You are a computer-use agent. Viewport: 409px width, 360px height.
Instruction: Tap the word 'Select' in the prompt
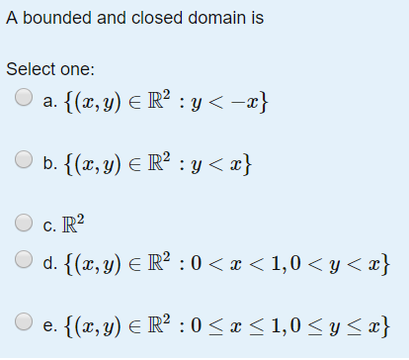(x=29, y=69)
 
